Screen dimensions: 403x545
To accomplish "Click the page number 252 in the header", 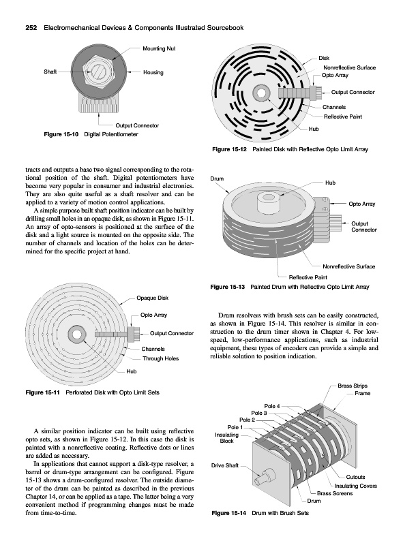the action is click(x=31, y=28).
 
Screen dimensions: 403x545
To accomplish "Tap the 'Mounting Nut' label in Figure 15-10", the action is click(x=159, y=48).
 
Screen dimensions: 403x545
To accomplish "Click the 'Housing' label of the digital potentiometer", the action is click(x=153, y=72).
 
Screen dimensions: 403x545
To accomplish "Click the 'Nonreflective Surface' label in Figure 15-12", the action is click(x=349, y=67).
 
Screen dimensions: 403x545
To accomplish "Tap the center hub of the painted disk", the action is click(x=260, y=93).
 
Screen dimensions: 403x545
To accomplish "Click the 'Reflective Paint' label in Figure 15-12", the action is click(x=343, y=116).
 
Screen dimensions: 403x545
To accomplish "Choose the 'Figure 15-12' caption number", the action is click(x=229, y=149).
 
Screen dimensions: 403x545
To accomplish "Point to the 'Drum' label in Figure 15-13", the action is click(x=217, y=178).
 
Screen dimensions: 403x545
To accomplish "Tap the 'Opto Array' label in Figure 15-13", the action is click(x=362, y=204).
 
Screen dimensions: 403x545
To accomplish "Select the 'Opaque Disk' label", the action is click(x=153, y=298).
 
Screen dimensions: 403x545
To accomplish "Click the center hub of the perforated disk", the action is click(x=76, y=334).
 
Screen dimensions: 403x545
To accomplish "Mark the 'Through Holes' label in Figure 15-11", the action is click(x=160, y=359).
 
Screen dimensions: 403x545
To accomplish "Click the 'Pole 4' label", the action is click(x=272, y=406).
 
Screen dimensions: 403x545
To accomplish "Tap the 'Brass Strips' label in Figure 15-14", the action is click(x=353, y=386).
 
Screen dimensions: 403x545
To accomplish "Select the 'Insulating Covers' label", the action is click(x=356, y=486).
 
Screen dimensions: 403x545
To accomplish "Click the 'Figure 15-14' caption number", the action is click(x=229, y=513).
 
